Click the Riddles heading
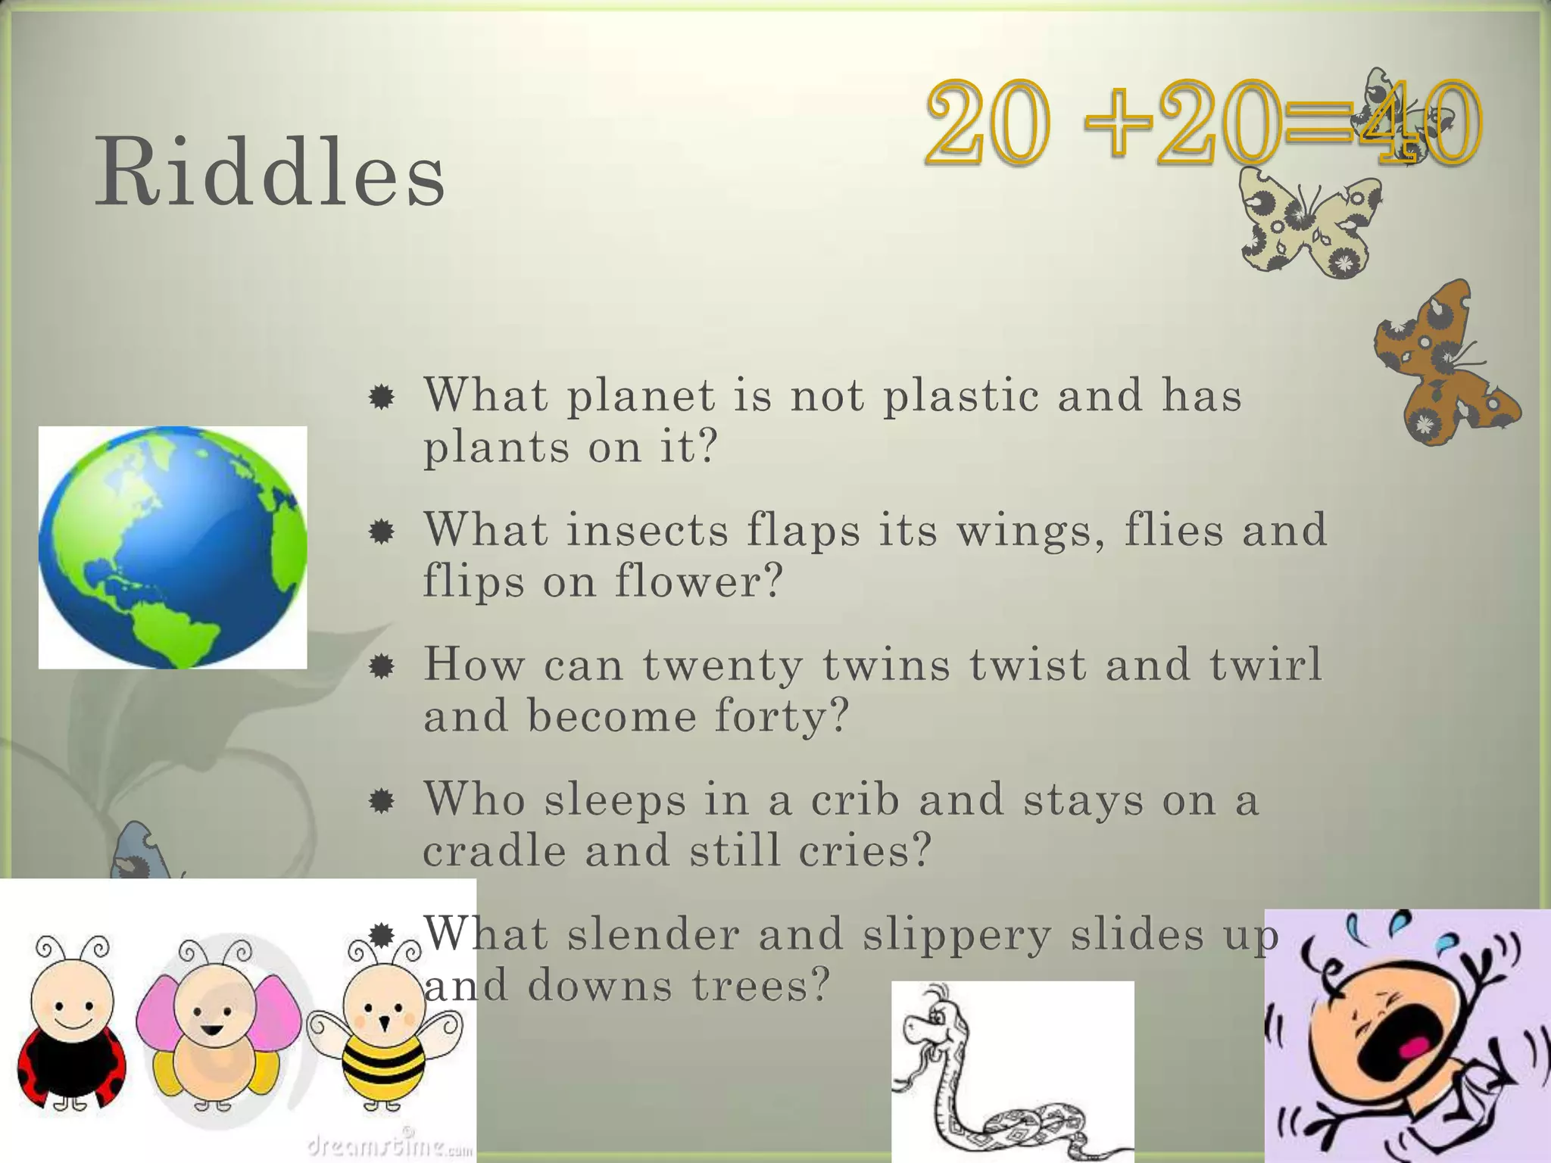point(270,173)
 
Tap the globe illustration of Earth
point(173,547)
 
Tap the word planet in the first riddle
point(641,397)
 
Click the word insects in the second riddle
point(648,530)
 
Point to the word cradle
point(494,851)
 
